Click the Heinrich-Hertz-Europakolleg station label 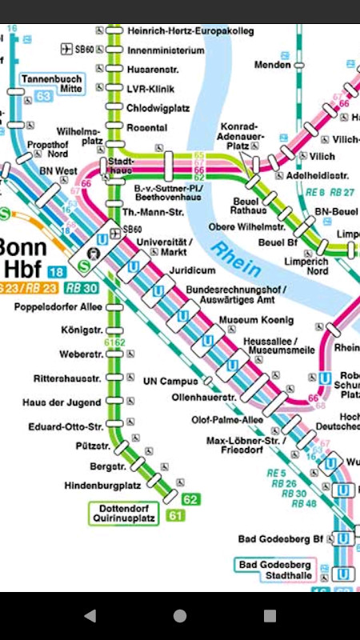190,30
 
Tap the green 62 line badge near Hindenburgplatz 190,499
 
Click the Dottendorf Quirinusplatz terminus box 124,512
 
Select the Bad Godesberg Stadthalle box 275,570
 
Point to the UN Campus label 170,381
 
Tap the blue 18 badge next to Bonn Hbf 57,272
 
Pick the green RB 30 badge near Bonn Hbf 82,288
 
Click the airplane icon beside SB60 66,50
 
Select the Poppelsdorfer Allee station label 58,307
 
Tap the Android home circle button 180,615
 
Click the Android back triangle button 90,615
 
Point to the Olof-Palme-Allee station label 227,419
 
